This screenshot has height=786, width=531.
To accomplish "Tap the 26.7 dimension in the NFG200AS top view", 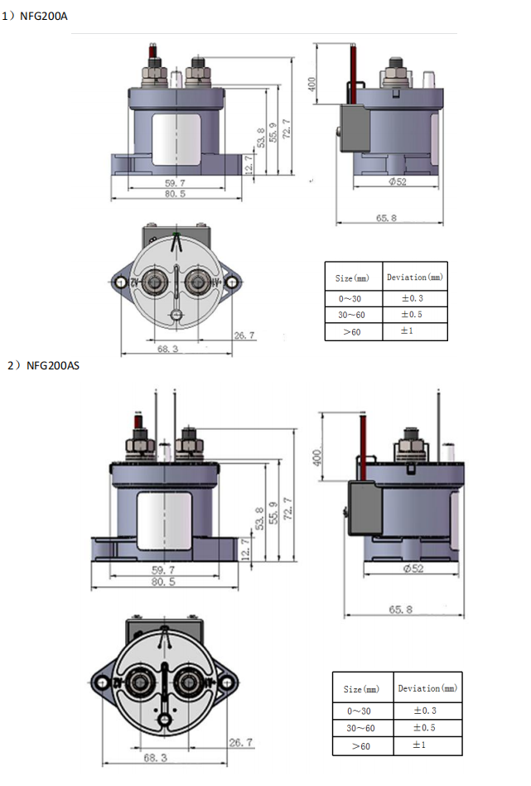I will click(x=240, y=742).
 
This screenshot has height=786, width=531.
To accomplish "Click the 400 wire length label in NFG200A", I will click(x=312, y=85).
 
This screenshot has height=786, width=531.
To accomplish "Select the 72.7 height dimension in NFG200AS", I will click(x=288, y=507).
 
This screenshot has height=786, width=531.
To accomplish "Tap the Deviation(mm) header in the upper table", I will click(x=415, y=277).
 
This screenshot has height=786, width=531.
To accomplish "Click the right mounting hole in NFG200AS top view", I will click(x=226, y=682).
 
